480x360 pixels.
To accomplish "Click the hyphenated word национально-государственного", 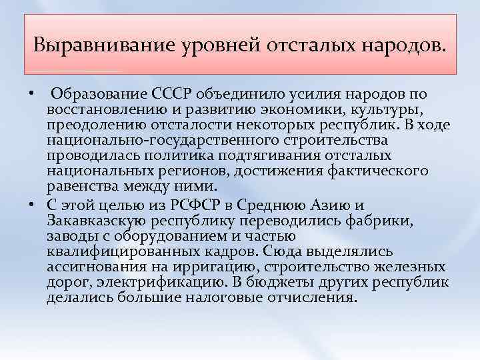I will [x=149, y=140].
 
